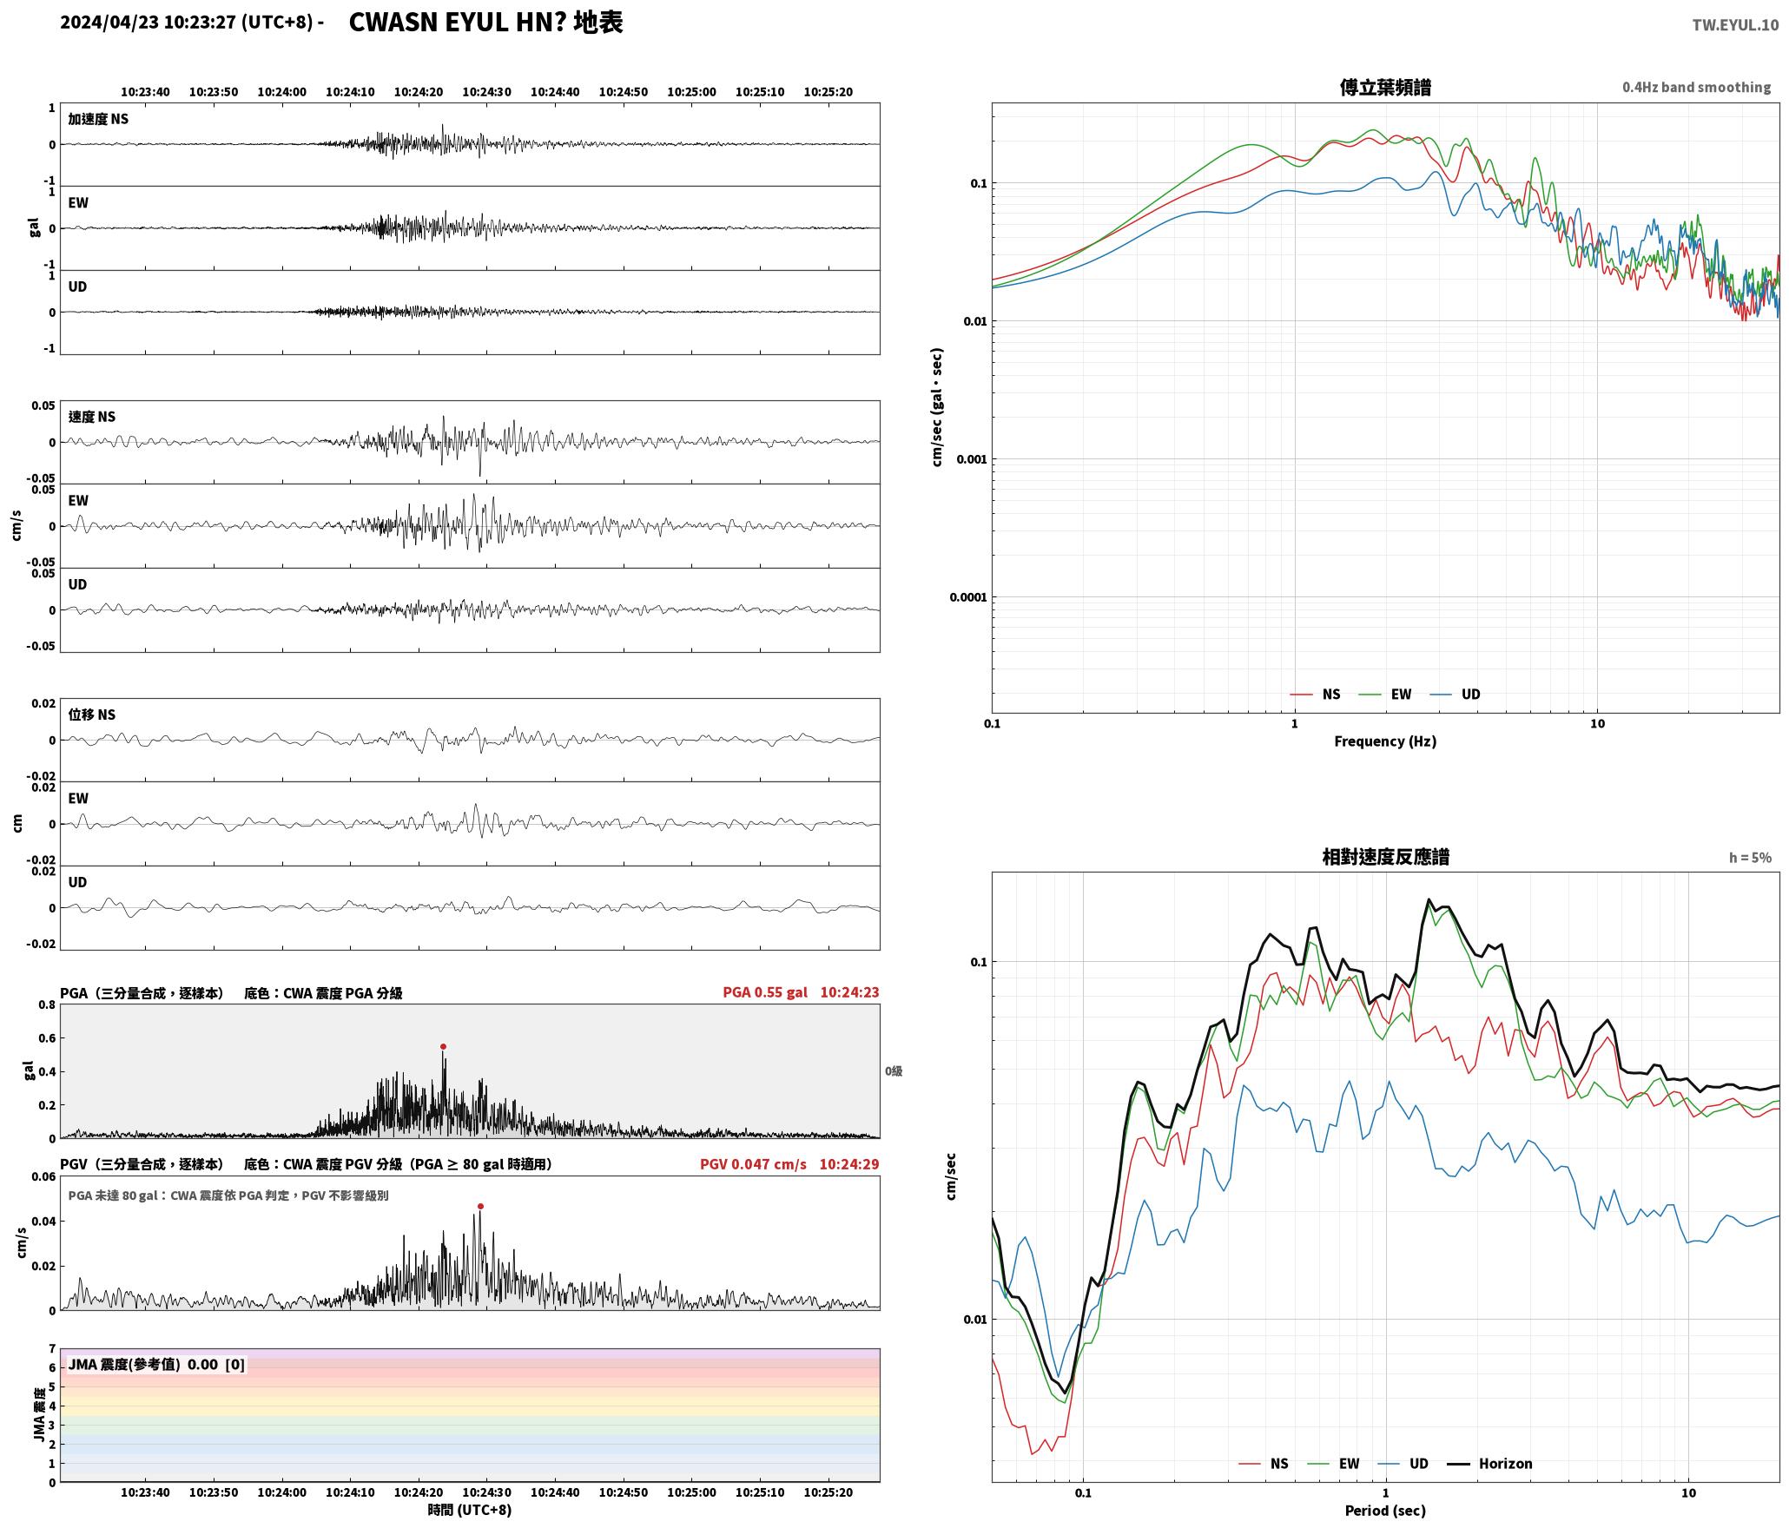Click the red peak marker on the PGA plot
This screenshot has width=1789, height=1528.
443,1046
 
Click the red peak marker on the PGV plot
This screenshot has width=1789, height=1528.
480,1206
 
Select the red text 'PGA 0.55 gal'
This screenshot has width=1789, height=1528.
765,991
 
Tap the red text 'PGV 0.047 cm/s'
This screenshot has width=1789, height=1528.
753,1163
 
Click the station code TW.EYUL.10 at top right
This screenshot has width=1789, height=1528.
1735,24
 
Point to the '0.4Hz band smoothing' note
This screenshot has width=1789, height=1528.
1696,87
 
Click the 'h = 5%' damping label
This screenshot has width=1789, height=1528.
1750,857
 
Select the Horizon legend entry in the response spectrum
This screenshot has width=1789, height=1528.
1489,1463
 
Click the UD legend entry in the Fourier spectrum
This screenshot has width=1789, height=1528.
1456,694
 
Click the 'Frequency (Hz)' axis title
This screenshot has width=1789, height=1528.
1385,741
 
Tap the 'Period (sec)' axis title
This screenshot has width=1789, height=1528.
1385,1510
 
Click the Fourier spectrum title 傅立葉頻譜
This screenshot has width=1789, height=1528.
1385,87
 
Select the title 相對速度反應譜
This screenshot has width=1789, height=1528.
1385,856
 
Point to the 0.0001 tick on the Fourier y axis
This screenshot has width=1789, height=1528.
967,596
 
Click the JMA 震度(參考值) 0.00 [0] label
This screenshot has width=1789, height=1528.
156,1364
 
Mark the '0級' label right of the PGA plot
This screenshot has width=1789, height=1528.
894,1070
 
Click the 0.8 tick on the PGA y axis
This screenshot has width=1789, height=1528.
47,1004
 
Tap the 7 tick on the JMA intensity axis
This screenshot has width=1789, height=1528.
52,1348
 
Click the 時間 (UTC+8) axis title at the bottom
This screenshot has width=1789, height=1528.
469,1510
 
